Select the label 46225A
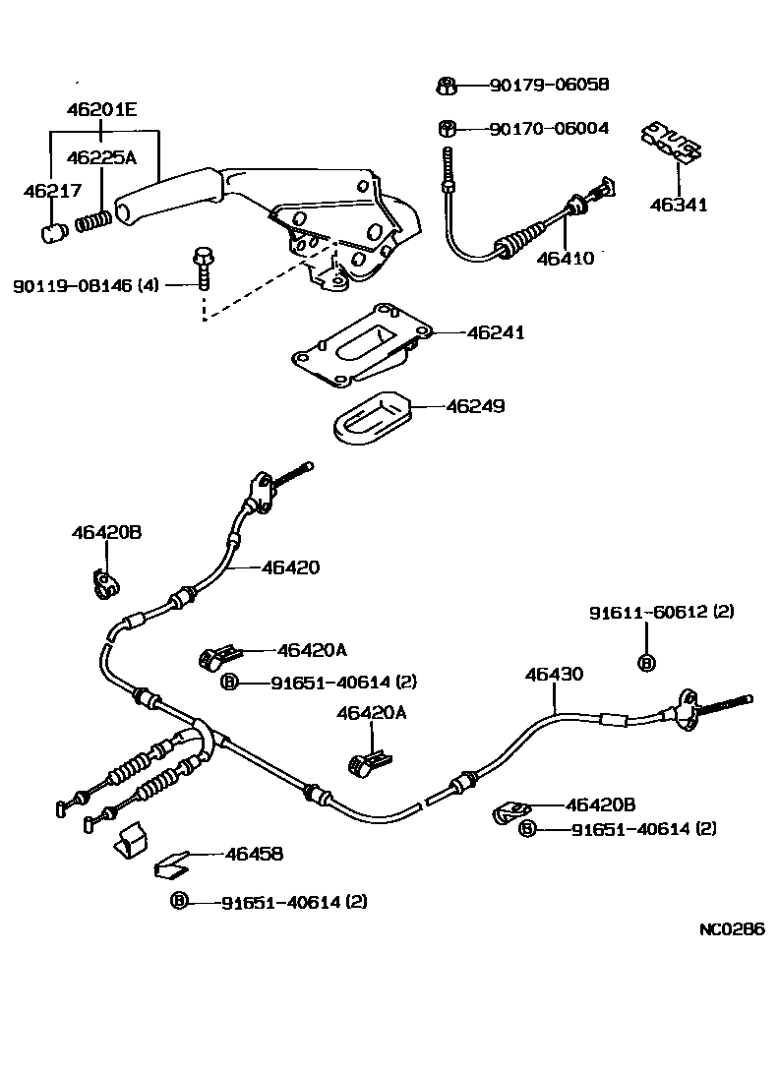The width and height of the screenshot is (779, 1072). pyautogui.click(x=101, y=157)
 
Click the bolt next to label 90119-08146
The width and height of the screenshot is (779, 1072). pyautogui.click(x=202, y=266)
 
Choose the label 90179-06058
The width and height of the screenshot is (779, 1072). pyautogui.click(x=549, y=86)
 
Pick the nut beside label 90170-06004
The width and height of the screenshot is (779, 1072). pyautogui.click(x=446, y=128)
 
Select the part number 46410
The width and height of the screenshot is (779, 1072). pyautogui.click(x=566, y=259)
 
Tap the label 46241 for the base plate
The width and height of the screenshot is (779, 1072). pyautogui.click(x=496, y=333)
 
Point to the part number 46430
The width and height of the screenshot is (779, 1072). pyautogui.click(x=554, y=675)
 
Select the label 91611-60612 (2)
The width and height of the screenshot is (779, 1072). pyautogui.click(x=662, y=612)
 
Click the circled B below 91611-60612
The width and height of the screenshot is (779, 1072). pyautogui.click(x=646, y=663)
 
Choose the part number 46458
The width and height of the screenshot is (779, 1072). pyautogui.click(x=254, y=855)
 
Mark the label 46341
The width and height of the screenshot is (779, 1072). pyautogui.click(x=679, y=206)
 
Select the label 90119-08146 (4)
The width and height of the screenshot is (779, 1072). pyautogui.click(x=86, y=285)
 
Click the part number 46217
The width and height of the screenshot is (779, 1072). pyautogui.click(x=52, y=192)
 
